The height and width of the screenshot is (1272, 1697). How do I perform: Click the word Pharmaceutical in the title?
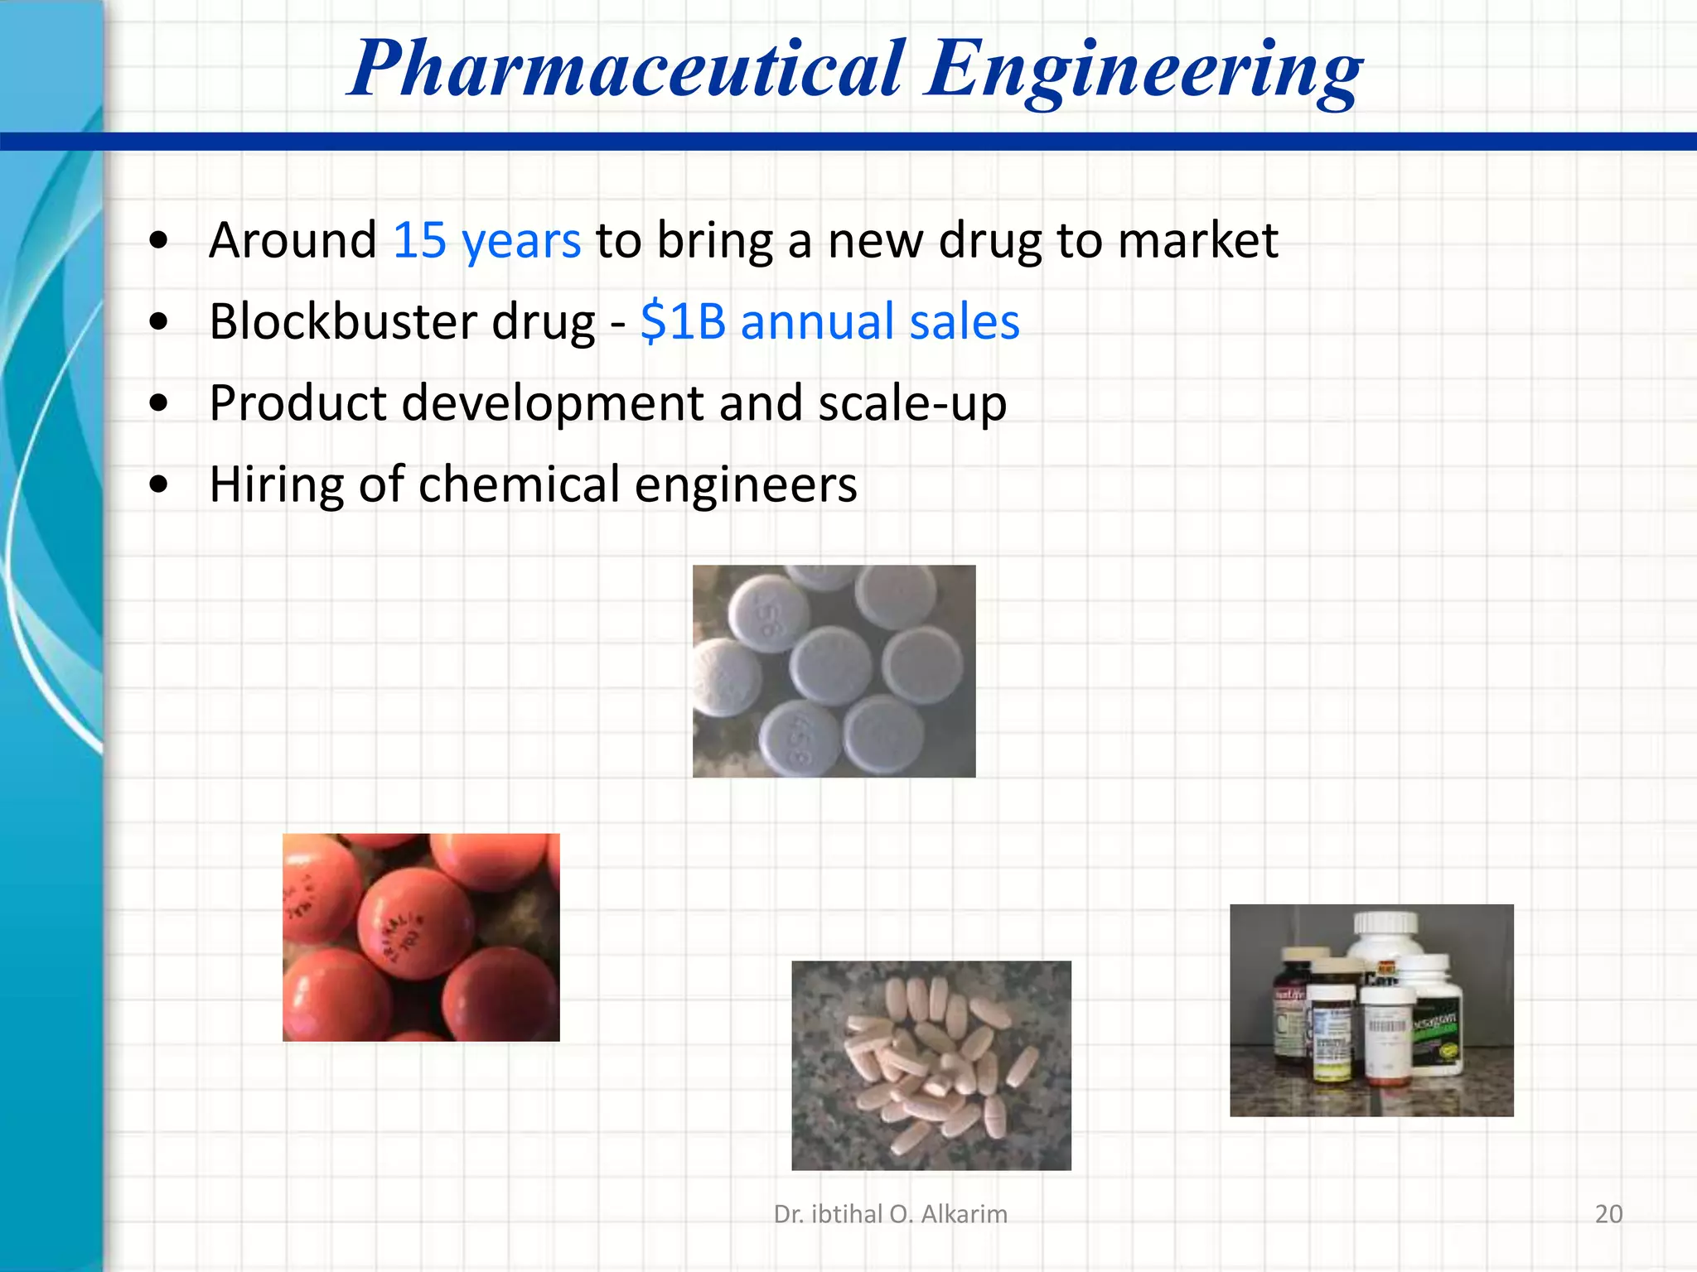click(626, 70)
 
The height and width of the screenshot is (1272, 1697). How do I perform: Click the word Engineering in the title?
click(1143, 70)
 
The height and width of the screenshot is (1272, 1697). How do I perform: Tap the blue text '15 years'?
click(486, 241)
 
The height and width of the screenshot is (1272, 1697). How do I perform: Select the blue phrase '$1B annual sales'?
click(829, 322)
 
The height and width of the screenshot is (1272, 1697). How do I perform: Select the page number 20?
click(1608, 1214)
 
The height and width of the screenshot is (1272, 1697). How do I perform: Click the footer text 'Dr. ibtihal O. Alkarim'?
click(891, 1214)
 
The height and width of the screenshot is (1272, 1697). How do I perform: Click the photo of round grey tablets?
click(834, 671)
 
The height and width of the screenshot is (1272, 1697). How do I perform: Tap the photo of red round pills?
click(421, 937)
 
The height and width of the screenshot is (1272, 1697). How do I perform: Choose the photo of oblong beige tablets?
click(931, 1065)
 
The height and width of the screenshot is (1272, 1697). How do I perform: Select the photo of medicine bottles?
click(1371, 1010)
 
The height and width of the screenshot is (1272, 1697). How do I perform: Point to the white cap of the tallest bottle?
click(1385, 924)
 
